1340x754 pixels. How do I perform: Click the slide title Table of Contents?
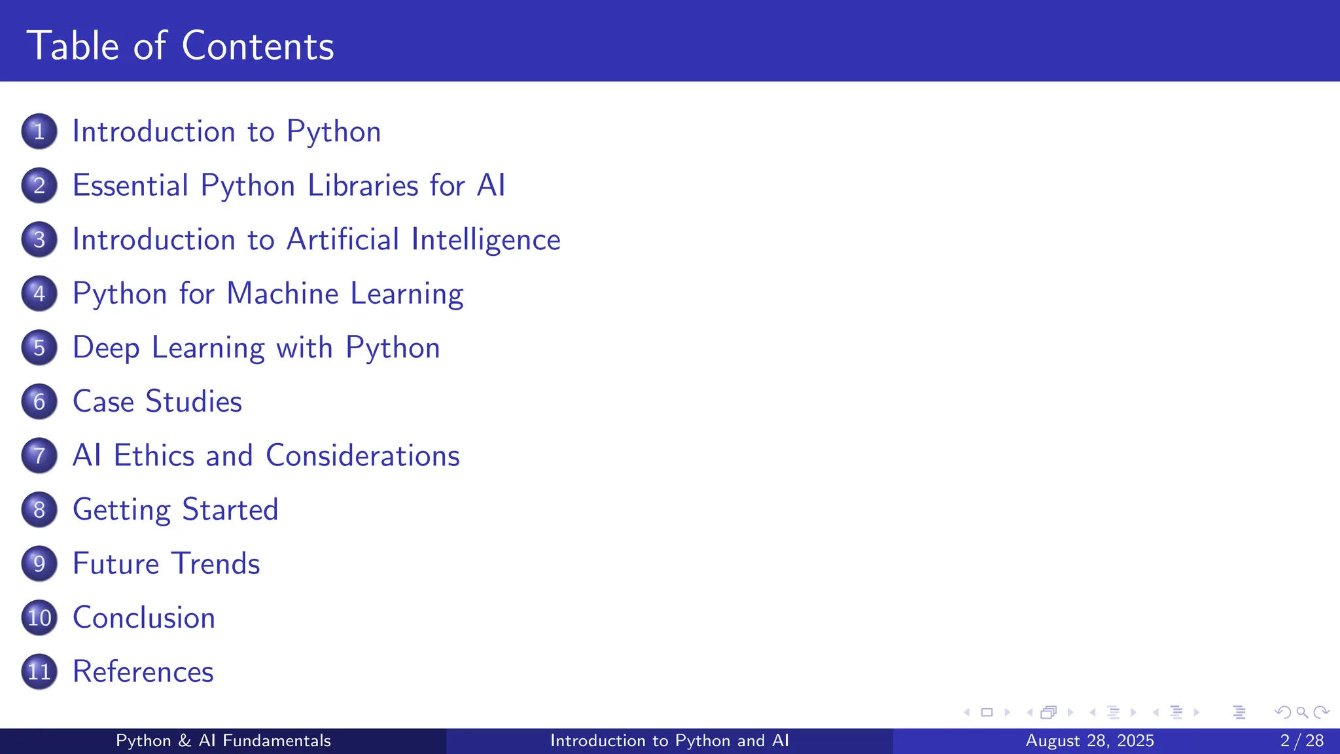[x=180, y=46]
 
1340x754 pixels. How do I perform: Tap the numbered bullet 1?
[x=39, y=132]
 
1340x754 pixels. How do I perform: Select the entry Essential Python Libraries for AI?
[x=289, y=185]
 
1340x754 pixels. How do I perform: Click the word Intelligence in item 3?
[x=485, y=240]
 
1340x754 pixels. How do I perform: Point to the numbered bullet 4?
[x=39, y=293]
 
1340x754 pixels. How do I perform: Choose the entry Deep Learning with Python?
[x=256, y=348]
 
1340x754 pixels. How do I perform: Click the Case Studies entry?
[x=157, y=401]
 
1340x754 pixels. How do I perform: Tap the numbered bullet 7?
[x=39, y=456]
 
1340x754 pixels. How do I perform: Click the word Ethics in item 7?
[x=154, y=456]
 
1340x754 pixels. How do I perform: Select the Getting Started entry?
[x=175, y=510]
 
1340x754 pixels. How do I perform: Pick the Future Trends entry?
[x=166, y=564]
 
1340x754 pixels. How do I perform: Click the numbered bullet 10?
[x=39, y=618]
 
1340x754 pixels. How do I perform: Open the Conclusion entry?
[x=144, y=618]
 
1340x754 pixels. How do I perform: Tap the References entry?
[x=143, y=672]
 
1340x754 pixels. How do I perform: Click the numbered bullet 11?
[x=39, y=672]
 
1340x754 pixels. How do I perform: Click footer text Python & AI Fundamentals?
[x=223, y=741]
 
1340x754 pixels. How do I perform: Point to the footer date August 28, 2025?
[x=1089, y=741]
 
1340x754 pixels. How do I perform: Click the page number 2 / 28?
[x=1301, y=741]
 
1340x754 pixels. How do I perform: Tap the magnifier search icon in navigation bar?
[x=1302, y=712]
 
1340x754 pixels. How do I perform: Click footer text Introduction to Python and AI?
[x=669, y=741]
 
